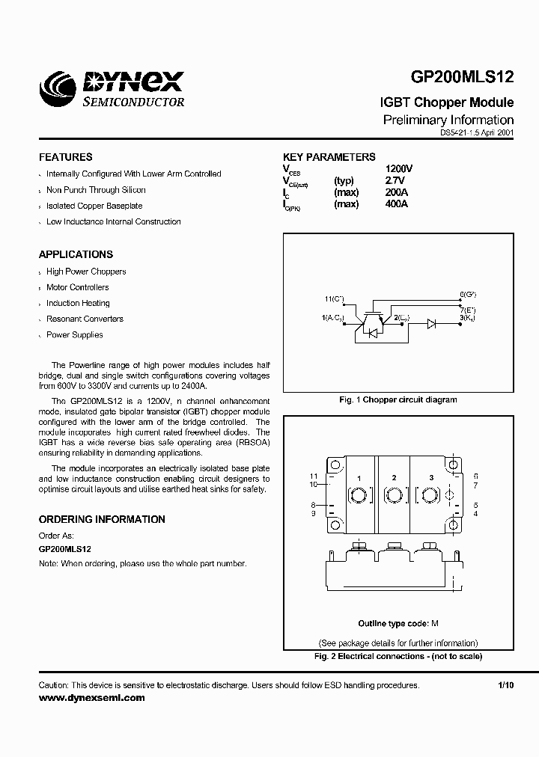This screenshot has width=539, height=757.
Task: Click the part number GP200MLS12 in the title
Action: pos(462,80)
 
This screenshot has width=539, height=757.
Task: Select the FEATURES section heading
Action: pos(65,157)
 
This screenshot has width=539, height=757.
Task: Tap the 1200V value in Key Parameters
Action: pos(398,169)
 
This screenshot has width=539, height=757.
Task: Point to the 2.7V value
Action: pos(395,181)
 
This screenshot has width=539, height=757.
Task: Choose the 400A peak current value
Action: pos(397,204)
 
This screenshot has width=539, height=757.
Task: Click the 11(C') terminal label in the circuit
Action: pos(335,299)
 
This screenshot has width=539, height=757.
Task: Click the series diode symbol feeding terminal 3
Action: pos(432,324)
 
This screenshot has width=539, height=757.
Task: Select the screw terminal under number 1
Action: pos(359,496)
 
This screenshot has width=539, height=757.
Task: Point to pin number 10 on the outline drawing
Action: pos(314,484)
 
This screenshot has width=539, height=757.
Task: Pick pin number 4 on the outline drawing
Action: pos(476,513)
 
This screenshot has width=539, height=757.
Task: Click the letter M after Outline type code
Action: pos(435,624)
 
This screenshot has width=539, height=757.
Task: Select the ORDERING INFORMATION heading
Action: pos(102,519)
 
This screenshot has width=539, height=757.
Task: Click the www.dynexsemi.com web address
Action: pos(91,697)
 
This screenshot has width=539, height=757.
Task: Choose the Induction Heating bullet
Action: pos(78,303)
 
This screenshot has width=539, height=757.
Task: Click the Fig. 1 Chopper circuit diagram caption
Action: pos(398,399)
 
